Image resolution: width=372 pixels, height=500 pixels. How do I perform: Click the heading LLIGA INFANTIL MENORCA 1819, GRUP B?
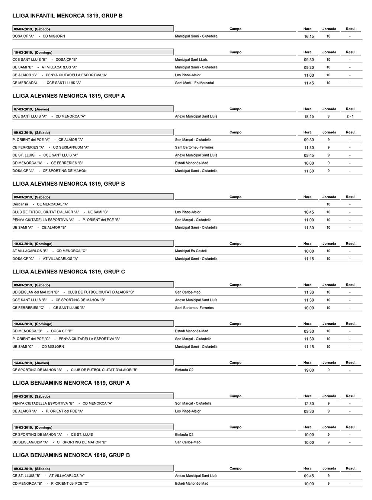(67, 16)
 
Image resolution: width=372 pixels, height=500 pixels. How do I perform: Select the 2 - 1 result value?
(350, 116)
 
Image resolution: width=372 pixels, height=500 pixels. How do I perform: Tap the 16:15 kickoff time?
(309, 36)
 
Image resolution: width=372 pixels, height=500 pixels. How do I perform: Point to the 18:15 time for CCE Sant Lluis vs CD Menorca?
(309, 116)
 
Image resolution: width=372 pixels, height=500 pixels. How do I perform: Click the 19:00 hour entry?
(309, 370)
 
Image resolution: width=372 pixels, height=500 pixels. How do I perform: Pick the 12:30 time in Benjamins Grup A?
(309, 404)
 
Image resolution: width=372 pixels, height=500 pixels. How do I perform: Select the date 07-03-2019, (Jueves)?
(32, 109)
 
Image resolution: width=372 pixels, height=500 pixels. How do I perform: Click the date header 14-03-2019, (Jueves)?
(32, 363)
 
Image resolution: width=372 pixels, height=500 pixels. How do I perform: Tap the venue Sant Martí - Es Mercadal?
(194, 83)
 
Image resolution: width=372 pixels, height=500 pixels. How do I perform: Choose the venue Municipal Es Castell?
(190, 251)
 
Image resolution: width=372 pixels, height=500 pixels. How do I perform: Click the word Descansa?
(20, 204)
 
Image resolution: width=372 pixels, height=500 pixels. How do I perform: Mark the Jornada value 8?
(328, 116)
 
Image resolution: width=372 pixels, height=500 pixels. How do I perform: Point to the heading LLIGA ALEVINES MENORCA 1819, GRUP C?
(68, 272)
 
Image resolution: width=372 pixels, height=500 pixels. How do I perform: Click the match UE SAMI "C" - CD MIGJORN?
(38, 347)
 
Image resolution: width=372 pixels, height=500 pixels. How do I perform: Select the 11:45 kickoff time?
(309, 83)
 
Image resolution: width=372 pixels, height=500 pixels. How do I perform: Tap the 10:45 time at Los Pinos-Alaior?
(309, 212)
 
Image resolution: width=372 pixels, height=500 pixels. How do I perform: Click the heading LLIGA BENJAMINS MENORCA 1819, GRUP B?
(71, 455)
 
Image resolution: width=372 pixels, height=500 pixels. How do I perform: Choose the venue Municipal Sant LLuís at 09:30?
(191, 60)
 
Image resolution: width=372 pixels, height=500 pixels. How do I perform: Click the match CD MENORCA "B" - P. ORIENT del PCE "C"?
(50, 484)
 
